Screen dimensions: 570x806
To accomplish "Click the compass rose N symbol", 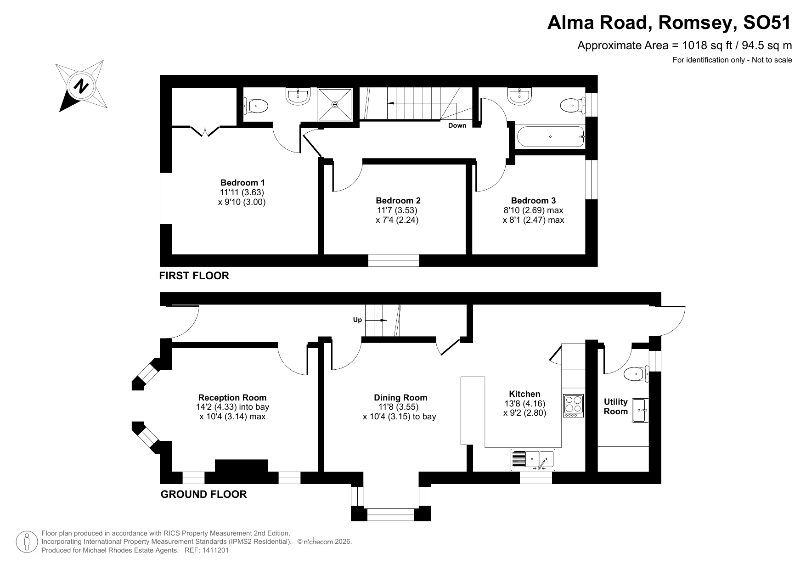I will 82,86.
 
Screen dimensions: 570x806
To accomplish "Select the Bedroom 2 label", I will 398,200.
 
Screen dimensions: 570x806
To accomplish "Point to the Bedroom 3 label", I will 533,200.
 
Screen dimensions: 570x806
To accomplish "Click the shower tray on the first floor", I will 335,105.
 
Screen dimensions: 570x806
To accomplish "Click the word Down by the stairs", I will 457,125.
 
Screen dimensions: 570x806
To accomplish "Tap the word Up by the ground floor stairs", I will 357,320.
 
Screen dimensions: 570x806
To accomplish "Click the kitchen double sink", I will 533,460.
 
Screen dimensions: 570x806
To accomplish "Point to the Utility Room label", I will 615,406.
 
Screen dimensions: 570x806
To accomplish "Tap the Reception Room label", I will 232,397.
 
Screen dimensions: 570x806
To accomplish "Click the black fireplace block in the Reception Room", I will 242,466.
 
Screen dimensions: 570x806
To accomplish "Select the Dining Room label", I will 400,397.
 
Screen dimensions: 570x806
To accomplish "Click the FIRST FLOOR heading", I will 194,276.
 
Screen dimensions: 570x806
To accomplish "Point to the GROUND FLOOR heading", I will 203,494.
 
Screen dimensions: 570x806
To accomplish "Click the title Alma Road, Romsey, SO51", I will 669,23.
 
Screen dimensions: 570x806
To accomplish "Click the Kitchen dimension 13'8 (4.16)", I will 524,403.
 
